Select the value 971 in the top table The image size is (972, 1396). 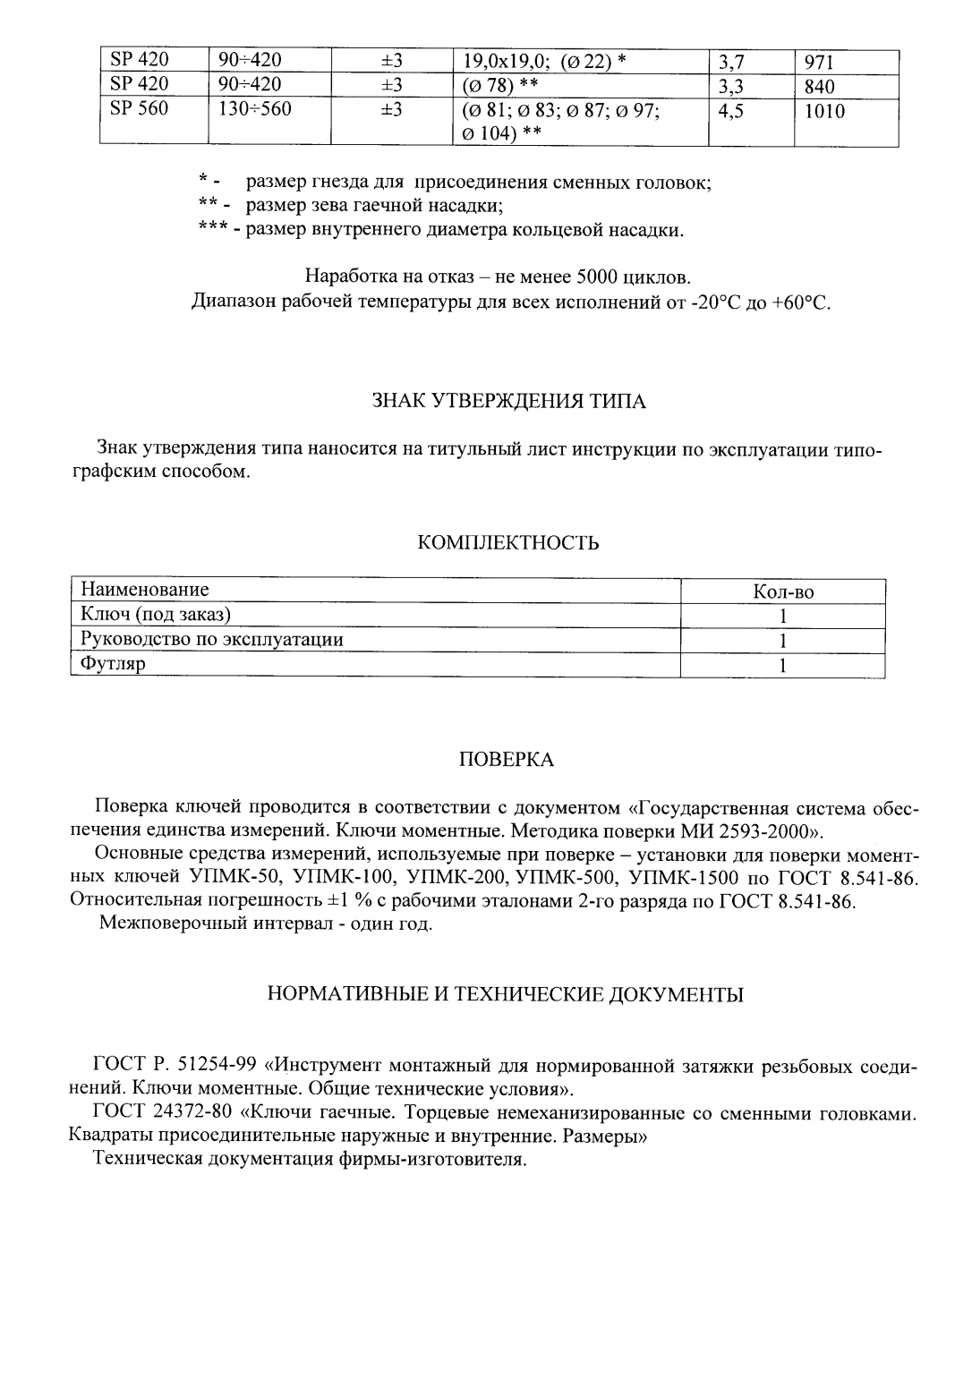point(819,62)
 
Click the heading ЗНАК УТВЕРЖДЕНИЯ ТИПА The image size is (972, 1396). point(508,401)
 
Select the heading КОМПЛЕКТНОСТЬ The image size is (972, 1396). point(508,543)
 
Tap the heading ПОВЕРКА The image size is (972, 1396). point(507,760)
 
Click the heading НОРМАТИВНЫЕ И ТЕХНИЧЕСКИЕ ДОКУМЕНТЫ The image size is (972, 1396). point(507,994)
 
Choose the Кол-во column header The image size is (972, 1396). point(783,592)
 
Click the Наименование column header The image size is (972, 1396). point(145,590)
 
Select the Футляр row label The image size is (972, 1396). point(113,664)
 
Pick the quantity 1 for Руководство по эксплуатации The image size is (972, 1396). point(783,641)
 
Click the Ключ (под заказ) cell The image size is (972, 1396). point(156,615)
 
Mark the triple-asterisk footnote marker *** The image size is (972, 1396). point(213,230)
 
